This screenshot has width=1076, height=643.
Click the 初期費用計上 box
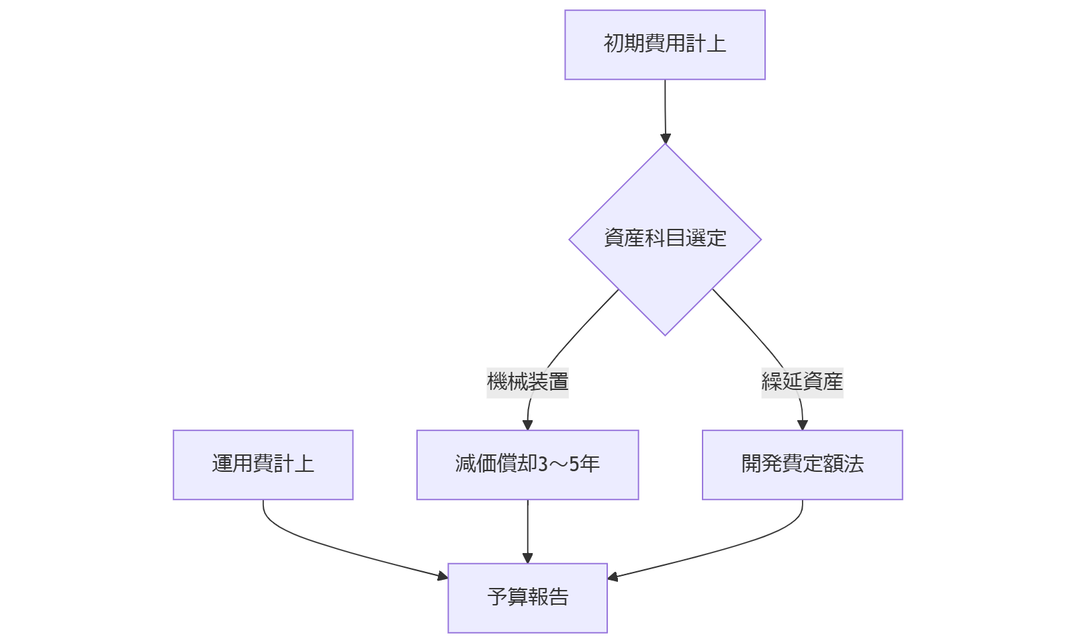664,45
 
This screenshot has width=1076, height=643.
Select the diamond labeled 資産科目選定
664,239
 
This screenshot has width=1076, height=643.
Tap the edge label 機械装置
527,382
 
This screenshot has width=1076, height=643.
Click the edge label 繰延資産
802,382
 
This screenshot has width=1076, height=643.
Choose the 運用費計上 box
263,464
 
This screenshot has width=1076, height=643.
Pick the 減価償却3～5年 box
527,464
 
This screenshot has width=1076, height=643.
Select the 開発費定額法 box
802,464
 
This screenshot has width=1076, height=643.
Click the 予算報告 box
527,597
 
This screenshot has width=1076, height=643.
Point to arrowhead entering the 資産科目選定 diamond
666,139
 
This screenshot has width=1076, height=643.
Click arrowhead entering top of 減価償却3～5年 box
527,425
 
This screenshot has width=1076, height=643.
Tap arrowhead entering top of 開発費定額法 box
802,425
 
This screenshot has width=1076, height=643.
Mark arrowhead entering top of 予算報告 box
527,558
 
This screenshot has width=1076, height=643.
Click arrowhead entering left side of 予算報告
443,575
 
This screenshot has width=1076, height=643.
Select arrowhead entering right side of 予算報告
613,576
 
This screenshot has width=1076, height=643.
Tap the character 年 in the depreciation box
591,464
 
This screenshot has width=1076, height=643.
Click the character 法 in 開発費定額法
854,464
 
